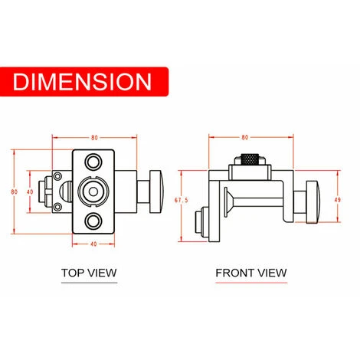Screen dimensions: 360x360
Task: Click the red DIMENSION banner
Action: pyautogui.click(x=84, y=82)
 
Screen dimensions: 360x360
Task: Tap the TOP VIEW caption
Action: pyautogui.click(x=89, y=273)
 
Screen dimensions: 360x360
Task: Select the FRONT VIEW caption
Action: pyautogui.click(x=251, y=273)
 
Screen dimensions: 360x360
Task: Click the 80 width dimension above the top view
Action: pyautogui.click(x=94, y=138)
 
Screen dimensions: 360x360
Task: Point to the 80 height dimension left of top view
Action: pyautogui.click(x=15, y=191)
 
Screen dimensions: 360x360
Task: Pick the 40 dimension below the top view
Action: pyautogui.click(x=93, y=244)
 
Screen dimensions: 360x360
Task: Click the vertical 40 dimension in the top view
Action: pyautogui.click(x=30, y=191)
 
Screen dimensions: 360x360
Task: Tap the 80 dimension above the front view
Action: pyautogui.click(x=245, y=137)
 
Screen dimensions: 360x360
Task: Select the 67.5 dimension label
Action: pyautogui.click(x=182, y=200)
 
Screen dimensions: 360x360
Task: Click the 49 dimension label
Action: pyautogui.click(x=338, y=200)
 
